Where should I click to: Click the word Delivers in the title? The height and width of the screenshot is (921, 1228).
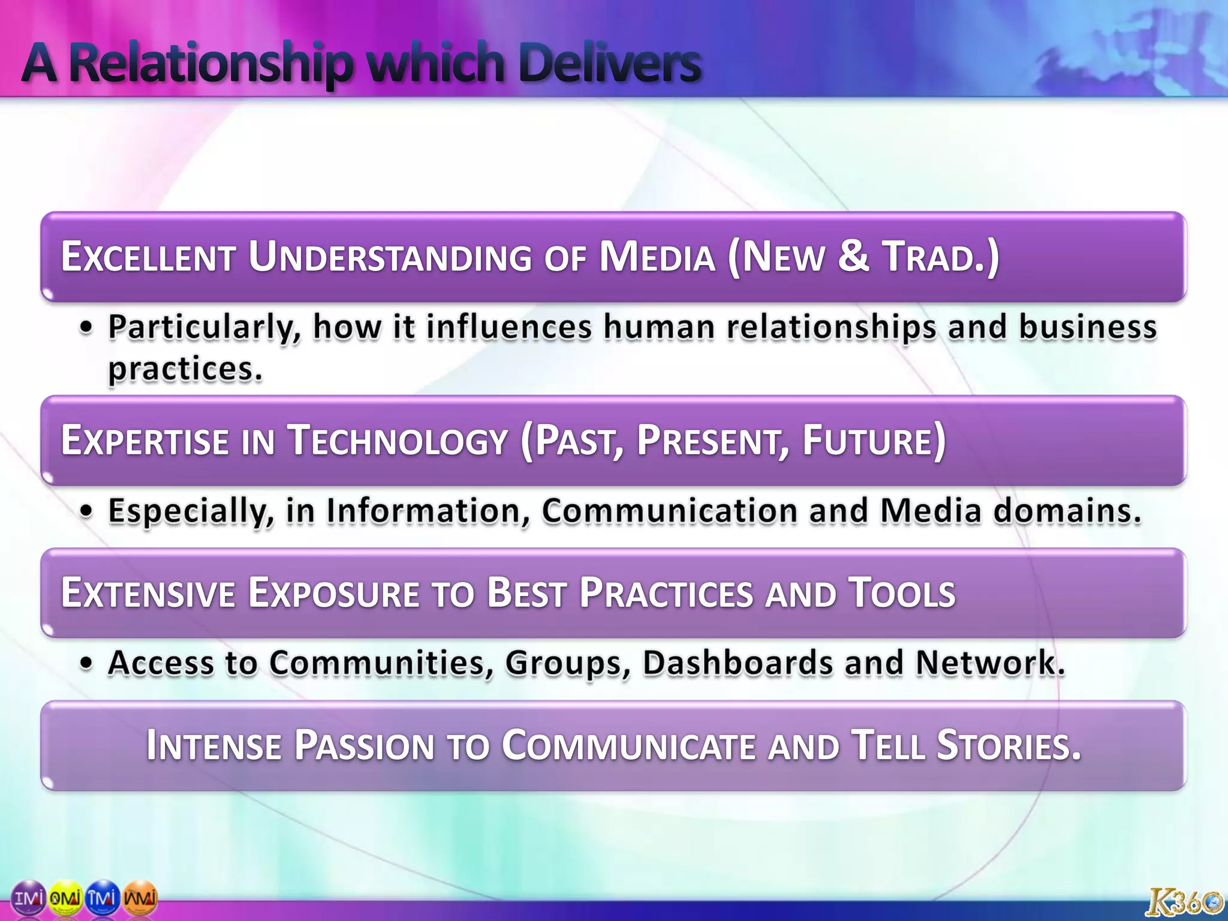pyautogui.click(x=609, y=63)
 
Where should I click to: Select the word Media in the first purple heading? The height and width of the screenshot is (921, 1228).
pyautogui.click(x=657, y=257)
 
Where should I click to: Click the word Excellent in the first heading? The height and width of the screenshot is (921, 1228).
pyautogui.click(x=148, y=257)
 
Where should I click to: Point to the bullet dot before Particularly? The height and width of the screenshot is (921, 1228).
pyautogui.click(x=88, y=329)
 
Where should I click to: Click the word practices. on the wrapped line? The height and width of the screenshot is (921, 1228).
pyautogui.click(x=185, y=369)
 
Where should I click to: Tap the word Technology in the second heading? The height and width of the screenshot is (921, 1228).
pyautogui.click(x=398, y=441)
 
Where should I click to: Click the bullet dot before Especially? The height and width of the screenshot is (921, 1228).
pyautogui.click(x=88, y=511)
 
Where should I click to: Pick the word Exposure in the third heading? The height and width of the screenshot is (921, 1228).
pyautogui.click(x=333, y=593)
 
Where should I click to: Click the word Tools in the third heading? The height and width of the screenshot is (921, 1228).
pyautogui.click(x=901, y=593)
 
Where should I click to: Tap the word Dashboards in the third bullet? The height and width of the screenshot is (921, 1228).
pyautogui.click(x=738, y=663)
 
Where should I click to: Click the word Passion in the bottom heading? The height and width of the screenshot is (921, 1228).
pyautogui.click(x=364, y=745)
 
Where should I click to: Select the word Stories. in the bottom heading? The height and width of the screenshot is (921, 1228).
pyautogui.click(x=1009, y=745)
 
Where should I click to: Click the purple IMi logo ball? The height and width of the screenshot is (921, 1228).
pyautogui.click(x=28, y=898)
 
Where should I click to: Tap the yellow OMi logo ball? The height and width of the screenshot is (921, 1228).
pyautogui.click(x=65, y=898)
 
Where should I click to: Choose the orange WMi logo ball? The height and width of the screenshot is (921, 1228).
pyautogui.click(x=140, y=898)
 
